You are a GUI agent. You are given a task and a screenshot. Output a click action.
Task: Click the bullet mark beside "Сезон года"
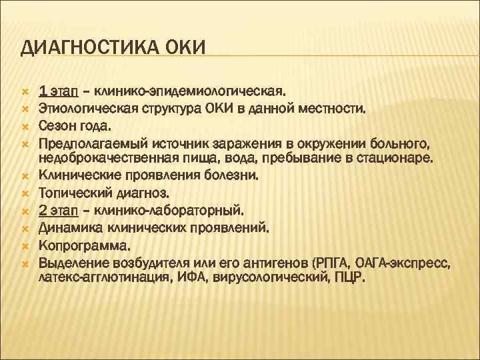pos(24,125)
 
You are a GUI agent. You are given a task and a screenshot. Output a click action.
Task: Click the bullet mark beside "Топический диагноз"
pos(24,193)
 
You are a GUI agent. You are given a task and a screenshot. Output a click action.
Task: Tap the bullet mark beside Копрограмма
pos(24,245)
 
